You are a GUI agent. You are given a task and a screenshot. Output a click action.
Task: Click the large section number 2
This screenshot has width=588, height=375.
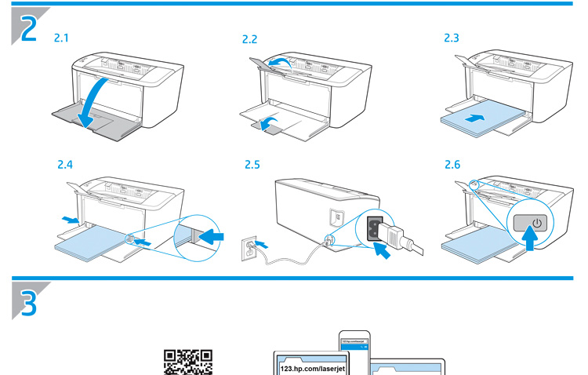coord(27,29)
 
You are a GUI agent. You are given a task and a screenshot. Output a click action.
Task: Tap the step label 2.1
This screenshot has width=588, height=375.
coord(61,37)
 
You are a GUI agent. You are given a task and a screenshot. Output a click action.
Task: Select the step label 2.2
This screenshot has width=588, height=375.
coord(250,38)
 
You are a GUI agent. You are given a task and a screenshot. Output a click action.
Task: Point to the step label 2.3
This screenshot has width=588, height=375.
coord(453,37)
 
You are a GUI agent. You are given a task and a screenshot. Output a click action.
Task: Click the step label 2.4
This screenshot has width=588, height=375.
coord(66,166)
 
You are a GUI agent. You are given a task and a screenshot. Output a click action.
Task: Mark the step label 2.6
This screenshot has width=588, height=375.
coord(453,166)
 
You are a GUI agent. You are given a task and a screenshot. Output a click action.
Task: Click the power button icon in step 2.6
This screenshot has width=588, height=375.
coord(536,223)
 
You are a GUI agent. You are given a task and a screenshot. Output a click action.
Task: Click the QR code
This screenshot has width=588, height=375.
coord(187,362)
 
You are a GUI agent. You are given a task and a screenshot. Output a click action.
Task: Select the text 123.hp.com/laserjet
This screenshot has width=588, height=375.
coord(313,366)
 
